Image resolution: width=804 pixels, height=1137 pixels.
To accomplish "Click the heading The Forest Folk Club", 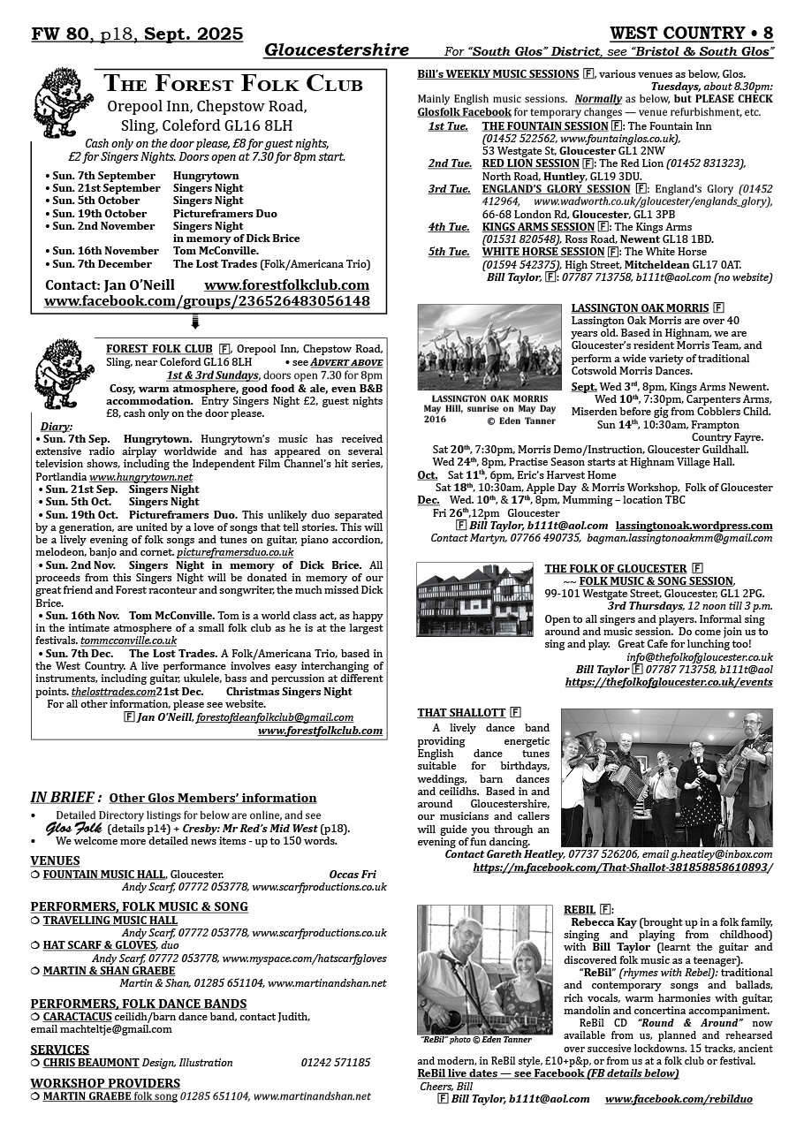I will coord(233,85).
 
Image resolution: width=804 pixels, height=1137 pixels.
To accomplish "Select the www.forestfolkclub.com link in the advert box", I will coord(286,285).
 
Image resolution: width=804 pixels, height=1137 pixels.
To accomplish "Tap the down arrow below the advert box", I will coord(195,323).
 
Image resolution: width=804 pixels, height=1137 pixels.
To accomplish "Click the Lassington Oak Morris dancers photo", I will coord(489,346).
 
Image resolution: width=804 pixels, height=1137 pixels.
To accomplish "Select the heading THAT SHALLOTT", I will coord(461,713).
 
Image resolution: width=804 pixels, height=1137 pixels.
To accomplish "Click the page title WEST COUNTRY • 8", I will coord(692,34).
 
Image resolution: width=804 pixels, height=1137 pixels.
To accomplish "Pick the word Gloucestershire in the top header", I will coord(336,50).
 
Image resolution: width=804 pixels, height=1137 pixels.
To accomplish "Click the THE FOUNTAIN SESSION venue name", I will coord(545,126).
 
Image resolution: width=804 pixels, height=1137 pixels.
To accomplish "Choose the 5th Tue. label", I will coord(449,252).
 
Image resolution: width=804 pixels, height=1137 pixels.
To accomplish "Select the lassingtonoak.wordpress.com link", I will coord(694,526).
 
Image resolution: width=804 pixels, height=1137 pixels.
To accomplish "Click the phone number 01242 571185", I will coord(336,1063).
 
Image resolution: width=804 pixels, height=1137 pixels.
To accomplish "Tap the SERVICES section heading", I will coord(60,1050).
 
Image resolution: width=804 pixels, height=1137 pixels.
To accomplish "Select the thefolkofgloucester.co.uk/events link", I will coord(669,682).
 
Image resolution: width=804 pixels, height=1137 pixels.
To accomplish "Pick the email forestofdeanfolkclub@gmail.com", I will coord(275,717).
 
